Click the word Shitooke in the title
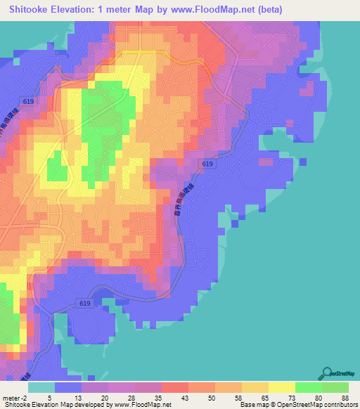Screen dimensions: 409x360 point(32,8)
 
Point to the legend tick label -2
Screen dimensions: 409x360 point(26,398)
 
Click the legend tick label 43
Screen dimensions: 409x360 point(184,398)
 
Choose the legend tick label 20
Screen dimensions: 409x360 point(105,398)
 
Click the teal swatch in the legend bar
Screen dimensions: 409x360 point(41,387)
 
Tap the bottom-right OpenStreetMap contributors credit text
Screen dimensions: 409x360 point(317,405)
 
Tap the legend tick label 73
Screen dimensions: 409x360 point(290,398)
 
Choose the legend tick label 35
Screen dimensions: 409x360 point(157,398)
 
